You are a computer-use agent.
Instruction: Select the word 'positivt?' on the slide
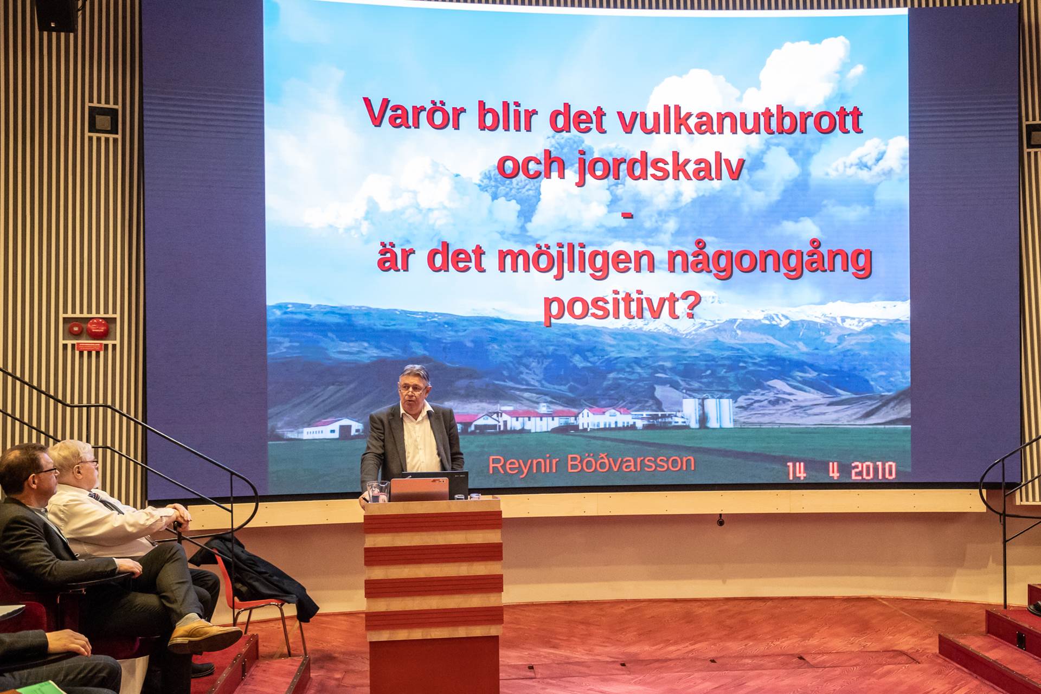(619, 307)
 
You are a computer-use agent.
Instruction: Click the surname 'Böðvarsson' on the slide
(631, 463)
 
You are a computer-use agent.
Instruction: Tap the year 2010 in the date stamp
(873, 470)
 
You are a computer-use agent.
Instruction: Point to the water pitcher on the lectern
(378, 491)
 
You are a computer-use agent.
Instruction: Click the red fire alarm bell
(98, 328)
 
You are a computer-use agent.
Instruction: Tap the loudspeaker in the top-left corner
(56, 15)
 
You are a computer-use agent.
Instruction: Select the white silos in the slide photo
(708, 413)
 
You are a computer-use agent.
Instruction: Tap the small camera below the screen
(721, 521)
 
